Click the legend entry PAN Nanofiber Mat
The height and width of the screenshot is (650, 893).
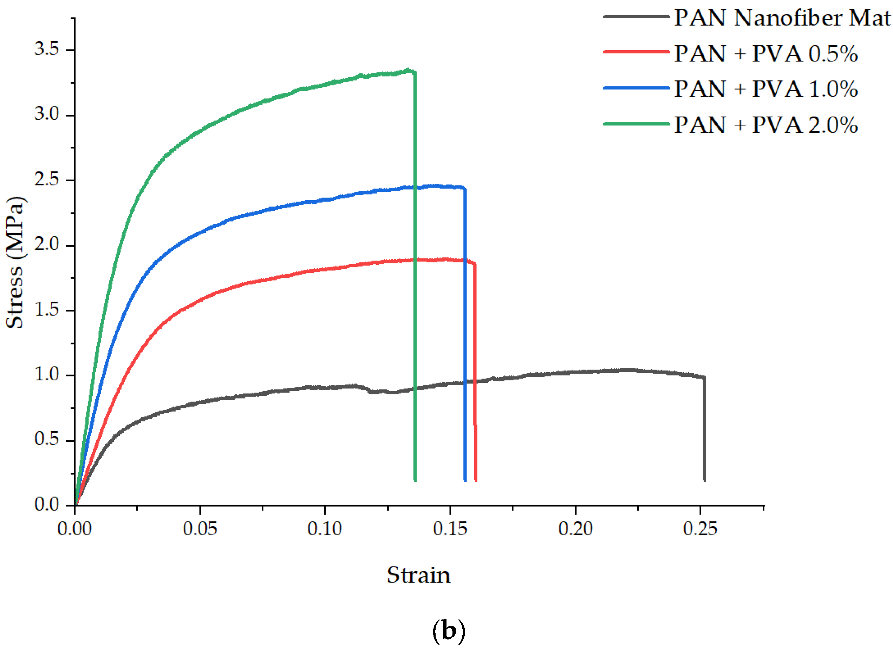782,18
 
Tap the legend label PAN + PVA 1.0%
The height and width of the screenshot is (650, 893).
766,89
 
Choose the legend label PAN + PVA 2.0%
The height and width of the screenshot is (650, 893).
766,125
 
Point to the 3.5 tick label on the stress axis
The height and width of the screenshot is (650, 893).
46,49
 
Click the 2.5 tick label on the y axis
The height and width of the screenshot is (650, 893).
46,179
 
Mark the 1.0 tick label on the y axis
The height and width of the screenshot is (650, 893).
46,374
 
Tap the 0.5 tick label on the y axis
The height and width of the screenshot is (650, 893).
46,439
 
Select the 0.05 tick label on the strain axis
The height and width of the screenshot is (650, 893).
200,529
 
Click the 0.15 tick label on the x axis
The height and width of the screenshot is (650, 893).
450,529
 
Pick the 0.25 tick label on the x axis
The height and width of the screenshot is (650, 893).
700,529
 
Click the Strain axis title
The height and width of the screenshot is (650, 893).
418,575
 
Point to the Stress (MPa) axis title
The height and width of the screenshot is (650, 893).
15,262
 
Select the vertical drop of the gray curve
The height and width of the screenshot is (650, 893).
704,429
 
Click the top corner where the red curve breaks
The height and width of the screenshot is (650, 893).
475,264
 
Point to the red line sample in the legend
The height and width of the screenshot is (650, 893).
636,52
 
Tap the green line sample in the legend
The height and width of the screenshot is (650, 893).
636,124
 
